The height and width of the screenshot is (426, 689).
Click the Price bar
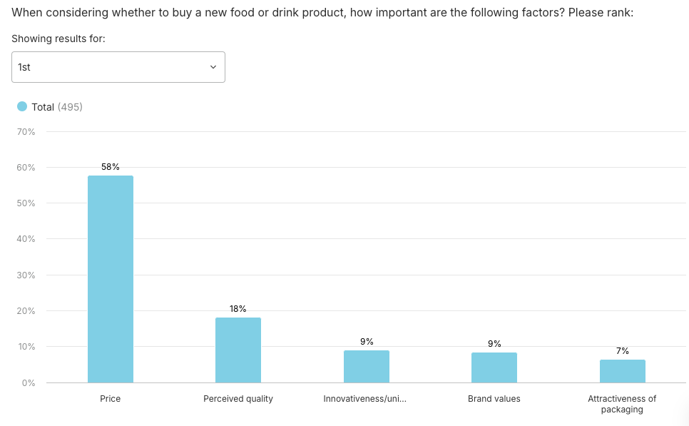tap(111, 279)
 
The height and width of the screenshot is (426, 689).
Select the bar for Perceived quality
tap(238, 350)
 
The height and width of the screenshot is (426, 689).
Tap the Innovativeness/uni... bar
tap(367, 366)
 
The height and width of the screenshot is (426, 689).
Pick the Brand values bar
tap(494, 367)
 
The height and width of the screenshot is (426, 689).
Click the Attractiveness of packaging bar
tap(623, 371)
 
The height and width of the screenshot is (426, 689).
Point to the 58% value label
tap(111, 167)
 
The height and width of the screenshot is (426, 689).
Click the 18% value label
tap(238, 309)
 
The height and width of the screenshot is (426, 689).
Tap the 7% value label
tap(623, 351)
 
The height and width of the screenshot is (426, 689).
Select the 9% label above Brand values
tap(494, 344)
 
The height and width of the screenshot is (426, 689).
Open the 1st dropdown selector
tap(118, 67)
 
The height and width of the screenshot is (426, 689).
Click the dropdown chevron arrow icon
tap(213, 67)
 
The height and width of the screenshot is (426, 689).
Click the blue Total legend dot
tap(22, 107)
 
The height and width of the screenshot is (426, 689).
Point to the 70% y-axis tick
tap(26, 132)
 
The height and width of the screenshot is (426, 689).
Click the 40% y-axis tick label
tap(26, 239)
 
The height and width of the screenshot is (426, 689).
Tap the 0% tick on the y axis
tap(29, 383)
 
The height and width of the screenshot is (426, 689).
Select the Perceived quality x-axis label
tap(238, 399)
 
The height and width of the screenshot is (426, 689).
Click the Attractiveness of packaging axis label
tap(623, 404)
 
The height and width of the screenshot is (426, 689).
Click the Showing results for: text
tap(58, 39)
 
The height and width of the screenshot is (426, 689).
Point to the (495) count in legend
tap(70, 107)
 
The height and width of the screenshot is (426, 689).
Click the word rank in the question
tap(619, 13)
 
